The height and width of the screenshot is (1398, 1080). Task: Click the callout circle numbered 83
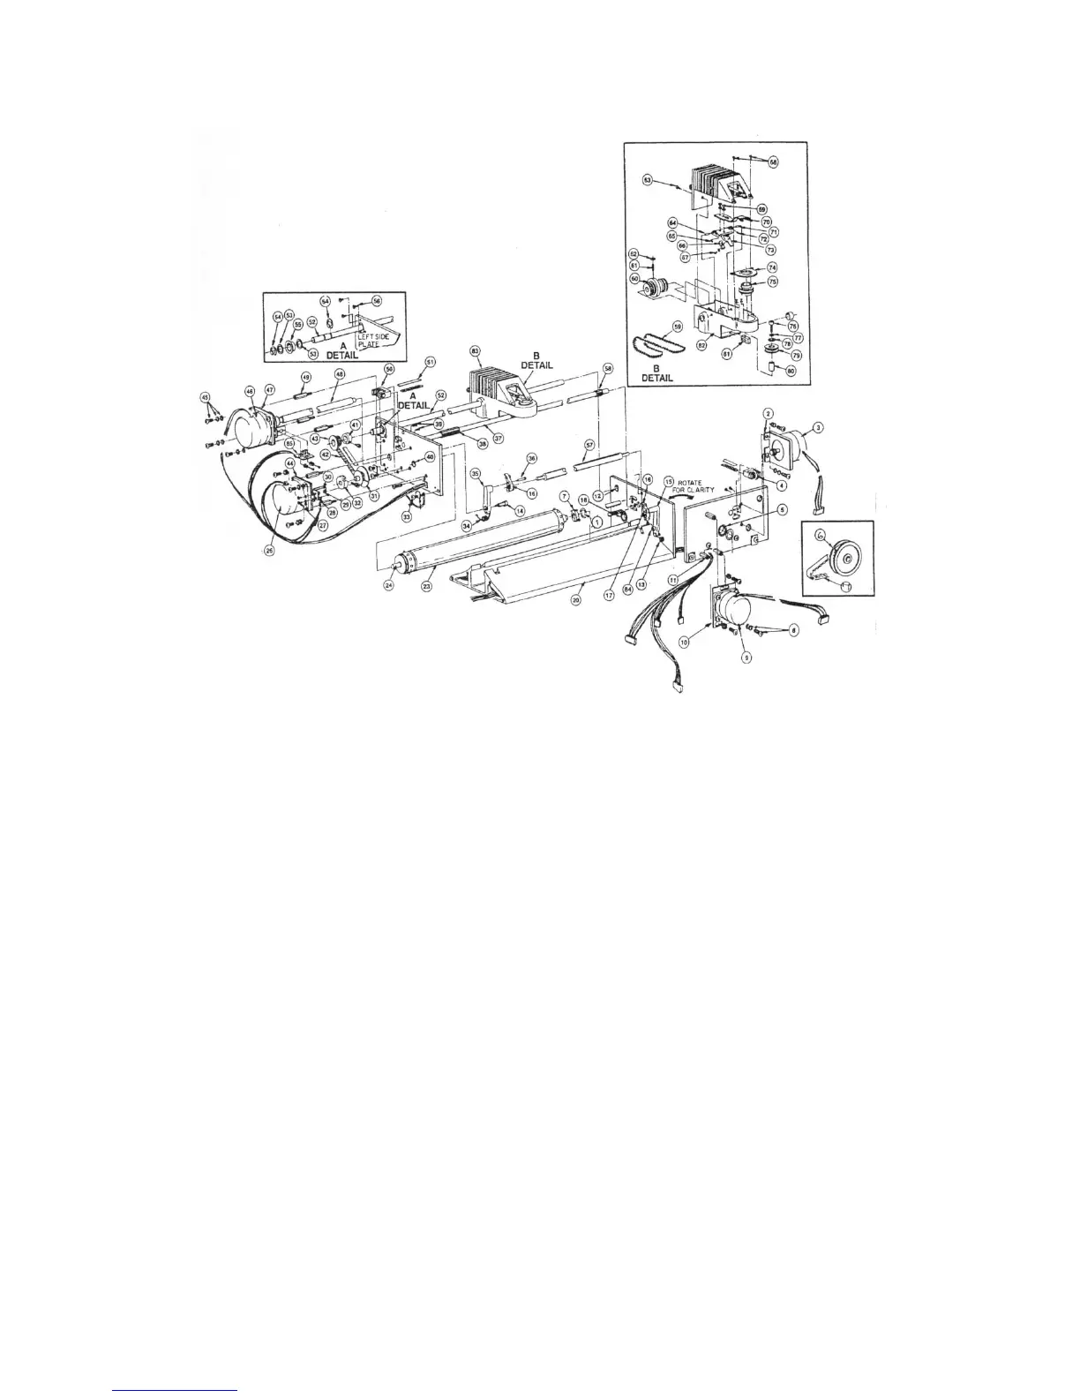pos(476,350)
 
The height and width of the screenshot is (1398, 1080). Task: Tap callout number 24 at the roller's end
pos(387,584)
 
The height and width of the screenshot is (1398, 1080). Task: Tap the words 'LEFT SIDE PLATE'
pos(368,340)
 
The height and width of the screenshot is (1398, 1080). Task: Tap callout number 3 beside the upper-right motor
pos(818,427)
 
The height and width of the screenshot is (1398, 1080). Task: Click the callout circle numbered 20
pos(576,599)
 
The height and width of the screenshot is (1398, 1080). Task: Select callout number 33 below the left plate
pos(407,516)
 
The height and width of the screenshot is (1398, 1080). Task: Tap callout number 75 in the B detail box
pos(772,282)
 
